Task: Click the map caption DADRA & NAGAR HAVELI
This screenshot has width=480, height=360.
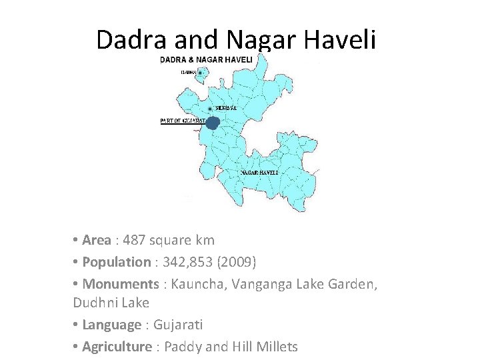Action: point(206,59)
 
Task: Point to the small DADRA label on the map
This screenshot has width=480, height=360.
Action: point(188,72)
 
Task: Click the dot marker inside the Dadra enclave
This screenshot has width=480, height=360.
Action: point(200,72)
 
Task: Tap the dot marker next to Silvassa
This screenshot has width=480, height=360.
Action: point(211,109)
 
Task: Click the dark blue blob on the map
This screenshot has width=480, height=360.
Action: point(212,123)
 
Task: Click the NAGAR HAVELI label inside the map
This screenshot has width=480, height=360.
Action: point(259,172)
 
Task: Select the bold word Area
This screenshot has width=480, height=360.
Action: point(97,240)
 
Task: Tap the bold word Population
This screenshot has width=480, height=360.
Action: point(116,262)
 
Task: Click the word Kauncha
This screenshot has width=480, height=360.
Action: point(197,284)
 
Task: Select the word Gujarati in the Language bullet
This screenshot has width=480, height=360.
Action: point(178,325)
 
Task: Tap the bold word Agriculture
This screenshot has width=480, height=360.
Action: point(117,347)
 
